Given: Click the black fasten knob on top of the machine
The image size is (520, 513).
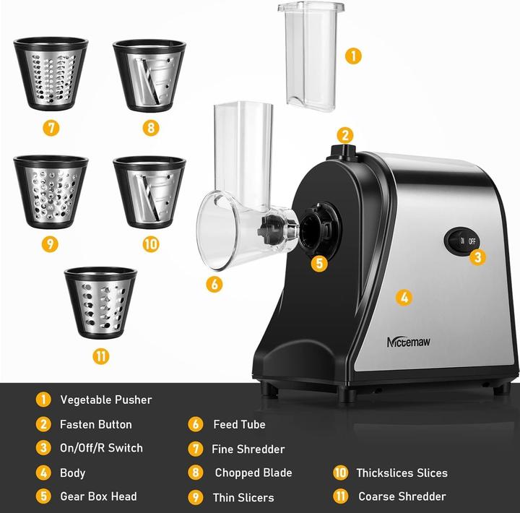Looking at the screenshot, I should point(340,152).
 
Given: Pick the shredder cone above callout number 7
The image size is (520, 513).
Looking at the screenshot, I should point(51,74).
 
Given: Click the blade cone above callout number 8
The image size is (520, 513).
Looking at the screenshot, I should point(149,74).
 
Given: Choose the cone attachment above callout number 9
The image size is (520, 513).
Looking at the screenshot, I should point(51,191).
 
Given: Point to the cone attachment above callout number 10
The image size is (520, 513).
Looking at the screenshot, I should point(149,191).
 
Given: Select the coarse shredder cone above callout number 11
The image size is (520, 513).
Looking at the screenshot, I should point(100,303).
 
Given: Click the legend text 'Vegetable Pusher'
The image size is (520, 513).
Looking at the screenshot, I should point(106,400).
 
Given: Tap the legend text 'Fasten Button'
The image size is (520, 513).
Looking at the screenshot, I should point(96,424).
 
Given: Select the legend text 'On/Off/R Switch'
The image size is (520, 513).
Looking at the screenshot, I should point(101,448).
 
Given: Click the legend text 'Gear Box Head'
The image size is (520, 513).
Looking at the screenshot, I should point(98,496).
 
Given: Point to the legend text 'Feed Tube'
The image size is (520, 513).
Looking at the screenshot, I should point(239,424).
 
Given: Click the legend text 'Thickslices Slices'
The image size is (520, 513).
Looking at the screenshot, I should point(402,473).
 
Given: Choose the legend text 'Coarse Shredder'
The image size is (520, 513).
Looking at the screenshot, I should point(402,496).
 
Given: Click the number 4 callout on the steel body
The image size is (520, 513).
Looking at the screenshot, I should point(404,297).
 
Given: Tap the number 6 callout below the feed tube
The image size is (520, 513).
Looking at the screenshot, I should point(214,284).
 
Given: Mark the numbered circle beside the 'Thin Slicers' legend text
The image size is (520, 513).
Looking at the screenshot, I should point(195,497).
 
